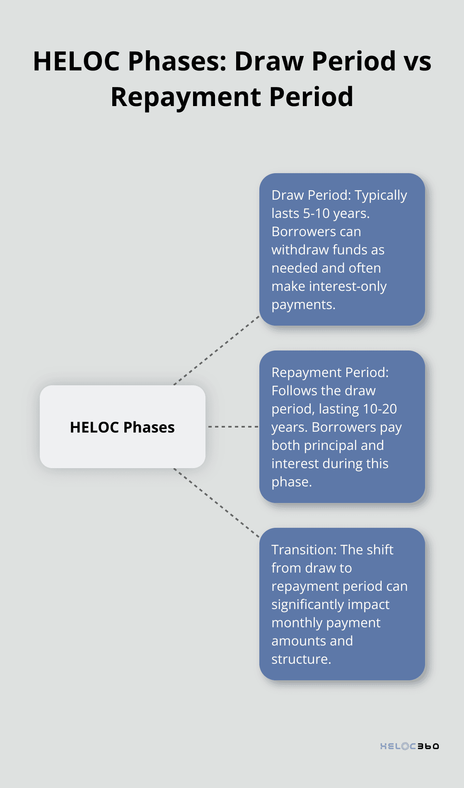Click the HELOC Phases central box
[x=123, y=427]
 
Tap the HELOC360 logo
[x=410, y=746]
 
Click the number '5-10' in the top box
[x=317, y=213]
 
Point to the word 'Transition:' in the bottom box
[x=304, y=550]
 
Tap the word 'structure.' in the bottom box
[x=301, y=659]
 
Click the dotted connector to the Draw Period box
[x=217, y=350]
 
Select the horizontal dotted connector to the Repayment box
[x=233, y=426]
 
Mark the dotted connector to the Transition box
[x=217, y=503]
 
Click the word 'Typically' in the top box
[x=381, y=196]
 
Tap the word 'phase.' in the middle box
[x=292, y=482]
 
